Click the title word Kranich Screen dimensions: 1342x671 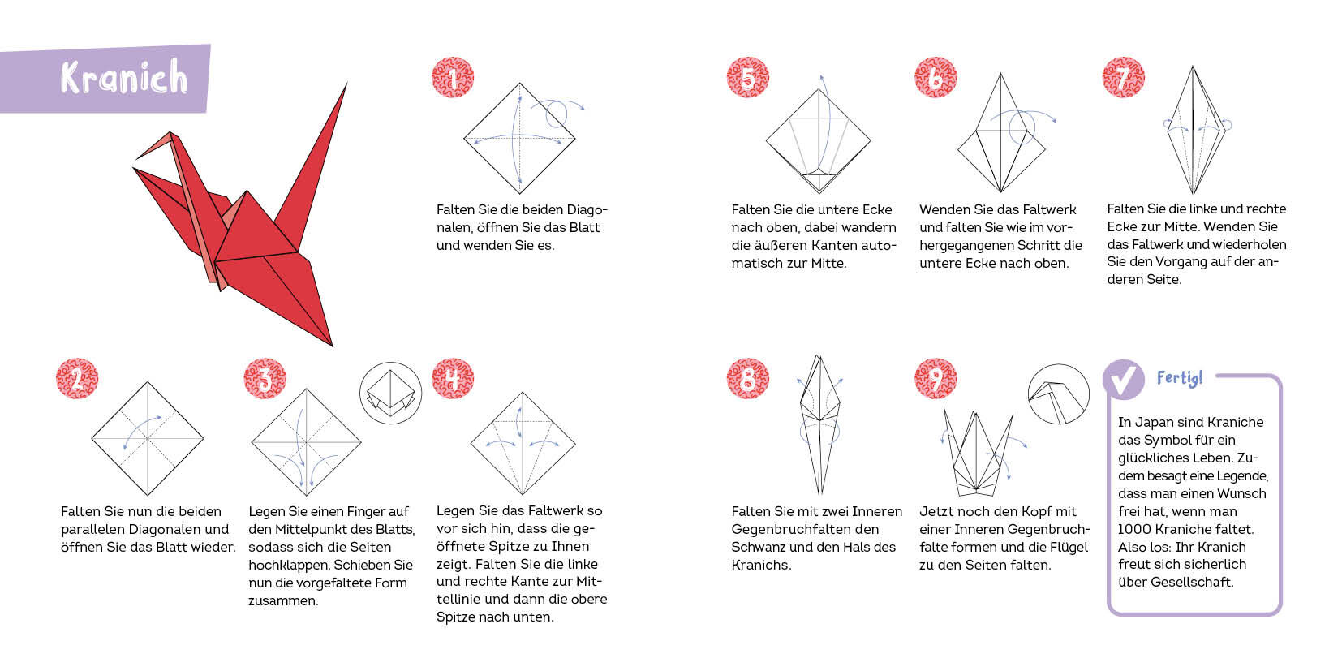[x=124, y=77]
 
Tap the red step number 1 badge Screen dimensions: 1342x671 [x=453, y=77]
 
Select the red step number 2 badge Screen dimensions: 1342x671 [x=77, y=379]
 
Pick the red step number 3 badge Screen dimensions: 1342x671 [x=265, y=379]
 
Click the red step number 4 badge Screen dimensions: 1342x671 [x=453, y=379]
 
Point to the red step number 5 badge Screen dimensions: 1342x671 [x=748, y=77]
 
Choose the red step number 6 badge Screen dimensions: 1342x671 [x=936, y=77]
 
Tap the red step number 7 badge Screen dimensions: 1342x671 [x=1123, y=77]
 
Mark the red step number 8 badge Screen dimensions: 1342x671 [x=748, y=379]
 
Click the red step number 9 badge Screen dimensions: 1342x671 [x=936, y=379]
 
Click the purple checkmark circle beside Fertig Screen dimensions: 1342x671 [x=1123, y=379]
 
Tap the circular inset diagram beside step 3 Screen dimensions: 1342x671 [x=390, y=393]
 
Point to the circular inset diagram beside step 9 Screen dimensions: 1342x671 [x=1059, y=394]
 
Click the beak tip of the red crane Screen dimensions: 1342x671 [x=136, y=159]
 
